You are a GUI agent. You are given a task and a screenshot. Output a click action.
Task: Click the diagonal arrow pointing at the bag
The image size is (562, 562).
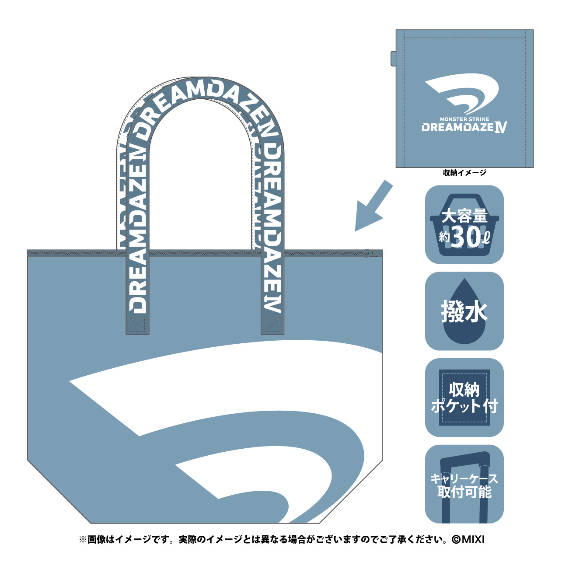374,206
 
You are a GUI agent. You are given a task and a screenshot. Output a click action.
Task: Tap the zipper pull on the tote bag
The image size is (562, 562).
374,253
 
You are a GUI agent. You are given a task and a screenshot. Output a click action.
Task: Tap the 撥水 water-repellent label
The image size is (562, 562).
464,312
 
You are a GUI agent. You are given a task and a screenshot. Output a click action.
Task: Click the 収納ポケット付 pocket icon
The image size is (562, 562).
464,398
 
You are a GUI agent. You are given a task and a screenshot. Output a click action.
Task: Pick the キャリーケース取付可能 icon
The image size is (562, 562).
464,485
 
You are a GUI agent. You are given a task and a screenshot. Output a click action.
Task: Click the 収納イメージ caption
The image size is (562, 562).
464,173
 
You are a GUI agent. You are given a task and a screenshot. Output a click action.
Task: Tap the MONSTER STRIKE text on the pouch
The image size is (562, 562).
464,119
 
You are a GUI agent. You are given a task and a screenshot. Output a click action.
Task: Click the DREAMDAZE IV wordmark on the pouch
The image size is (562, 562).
464,127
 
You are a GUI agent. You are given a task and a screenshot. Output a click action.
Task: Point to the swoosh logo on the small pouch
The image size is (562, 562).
462,93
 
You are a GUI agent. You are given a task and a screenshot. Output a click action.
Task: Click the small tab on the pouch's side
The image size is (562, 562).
393,59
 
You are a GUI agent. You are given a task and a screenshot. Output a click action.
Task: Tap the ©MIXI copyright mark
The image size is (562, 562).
468,540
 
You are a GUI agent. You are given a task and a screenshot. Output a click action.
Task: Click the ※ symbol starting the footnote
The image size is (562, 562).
83,540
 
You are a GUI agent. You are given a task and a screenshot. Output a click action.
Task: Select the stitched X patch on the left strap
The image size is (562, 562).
137,325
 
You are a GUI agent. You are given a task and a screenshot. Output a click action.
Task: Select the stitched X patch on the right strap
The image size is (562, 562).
272,325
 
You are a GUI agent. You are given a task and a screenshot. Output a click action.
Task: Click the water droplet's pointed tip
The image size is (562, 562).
464,279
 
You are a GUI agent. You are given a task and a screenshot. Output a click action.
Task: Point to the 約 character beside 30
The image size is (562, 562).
444,237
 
